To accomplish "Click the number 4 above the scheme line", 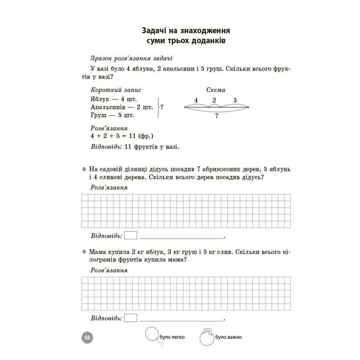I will [x=197, y=100].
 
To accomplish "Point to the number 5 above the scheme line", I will [x=235, y=100].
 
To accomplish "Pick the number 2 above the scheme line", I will [x=214, y=100].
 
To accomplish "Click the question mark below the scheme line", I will [x=216, y=116].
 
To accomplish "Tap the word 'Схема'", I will [x=216, y=90].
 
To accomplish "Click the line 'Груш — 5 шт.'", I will [x=112, y=115].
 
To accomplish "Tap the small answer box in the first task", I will [x=130, y=235].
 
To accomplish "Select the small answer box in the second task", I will [x=130, y=318].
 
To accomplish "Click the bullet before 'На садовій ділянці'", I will [x=84, y=169].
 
